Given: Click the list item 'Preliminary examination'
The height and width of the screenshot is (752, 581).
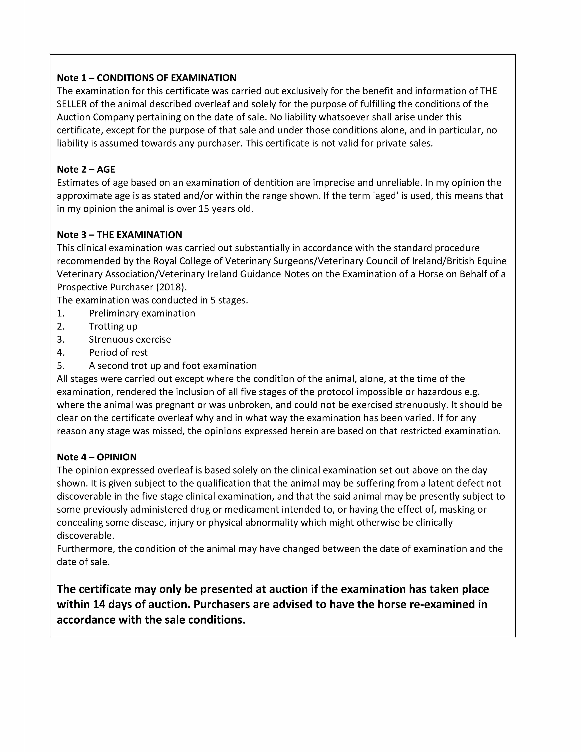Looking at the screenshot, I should click(142, 313).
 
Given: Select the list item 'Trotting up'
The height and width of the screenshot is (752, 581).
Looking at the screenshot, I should click(113, 326).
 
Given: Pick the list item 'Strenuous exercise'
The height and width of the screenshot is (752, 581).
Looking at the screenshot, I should click(130, 339).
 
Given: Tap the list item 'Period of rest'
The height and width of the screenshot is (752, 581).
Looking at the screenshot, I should click(118, 353).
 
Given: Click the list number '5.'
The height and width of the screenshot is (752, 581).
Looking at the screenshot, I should click(61, 366).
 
